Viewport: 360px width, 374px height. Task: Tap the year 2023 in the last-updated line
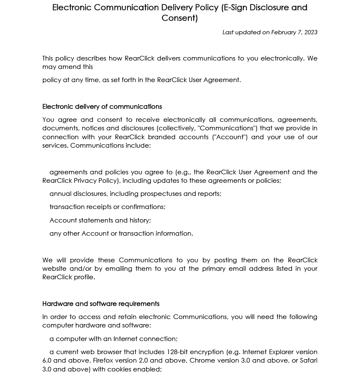click(x=310, y=32)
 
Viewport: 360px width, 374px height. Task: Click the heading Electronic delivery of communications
click(x=102, y=107)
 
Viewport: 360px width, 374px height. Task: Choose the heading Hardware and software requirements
click(x=101, y=304)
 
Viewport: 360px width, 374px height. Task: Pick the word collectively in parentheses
click(x=176, y=128)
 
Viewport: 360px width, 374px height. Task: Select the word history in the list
click(x=140, y=220)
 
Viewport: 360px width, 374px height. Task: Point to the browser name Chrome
click(x=202, y=360)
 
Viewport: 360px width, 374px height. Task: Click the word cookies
click(x=119, y=369)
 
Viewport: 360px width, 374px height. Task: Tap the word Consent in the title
click(x=179, y=18)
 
